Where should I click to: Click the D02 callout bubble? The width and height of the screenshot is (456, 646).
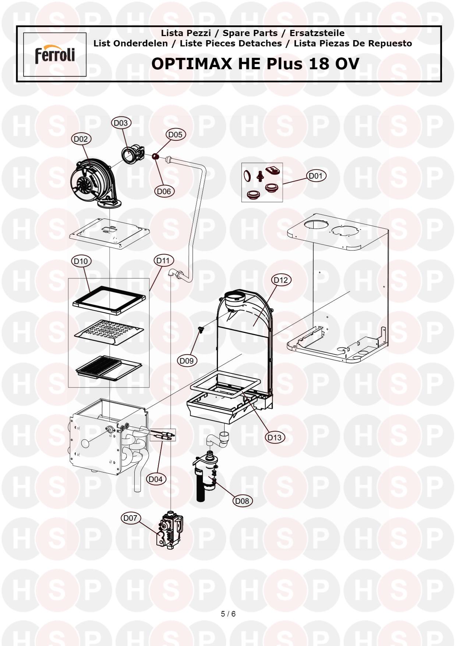[81, 139]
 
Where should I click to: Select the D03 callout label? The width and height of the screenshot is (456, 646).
[121, 123]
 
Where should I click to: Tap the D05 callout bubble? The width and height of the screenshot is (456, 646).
[175, 134]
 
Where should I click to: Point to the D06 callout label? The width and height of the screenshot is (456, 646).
[164, 191]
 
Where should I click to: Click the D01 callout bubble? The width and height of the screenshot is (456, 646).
[316, 176]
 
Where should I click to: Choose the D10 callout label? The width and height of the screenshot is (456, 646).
[81, 261]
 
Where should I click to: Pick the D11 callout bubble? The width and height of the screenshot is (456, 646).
[163, 260]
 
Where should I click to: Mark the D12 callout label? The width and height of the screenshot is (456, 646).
[281, 280]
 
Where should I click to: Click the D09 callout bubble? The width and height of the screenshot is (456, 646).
[187, 361]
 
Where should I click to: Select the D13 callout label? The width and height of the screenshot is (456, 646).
[275, 437]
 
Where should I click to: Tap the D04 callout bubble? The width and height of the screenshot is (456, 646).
[156, 479]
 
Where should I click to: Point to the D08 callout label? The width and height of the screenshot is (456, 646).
[242, 501]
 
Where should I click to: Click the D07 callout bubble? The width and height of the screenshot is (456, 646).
[130, 518]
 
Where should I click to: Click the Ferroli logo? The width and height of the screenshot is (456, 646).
[55, 55]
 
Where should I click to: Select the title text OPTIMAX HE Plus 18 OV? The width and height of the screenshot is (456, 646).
[255, 64]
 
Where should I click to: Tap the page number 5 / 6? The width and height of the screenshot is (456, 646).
[228, 614]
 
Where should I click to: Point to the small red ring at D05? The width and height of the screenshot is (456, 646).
[155, 157]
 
